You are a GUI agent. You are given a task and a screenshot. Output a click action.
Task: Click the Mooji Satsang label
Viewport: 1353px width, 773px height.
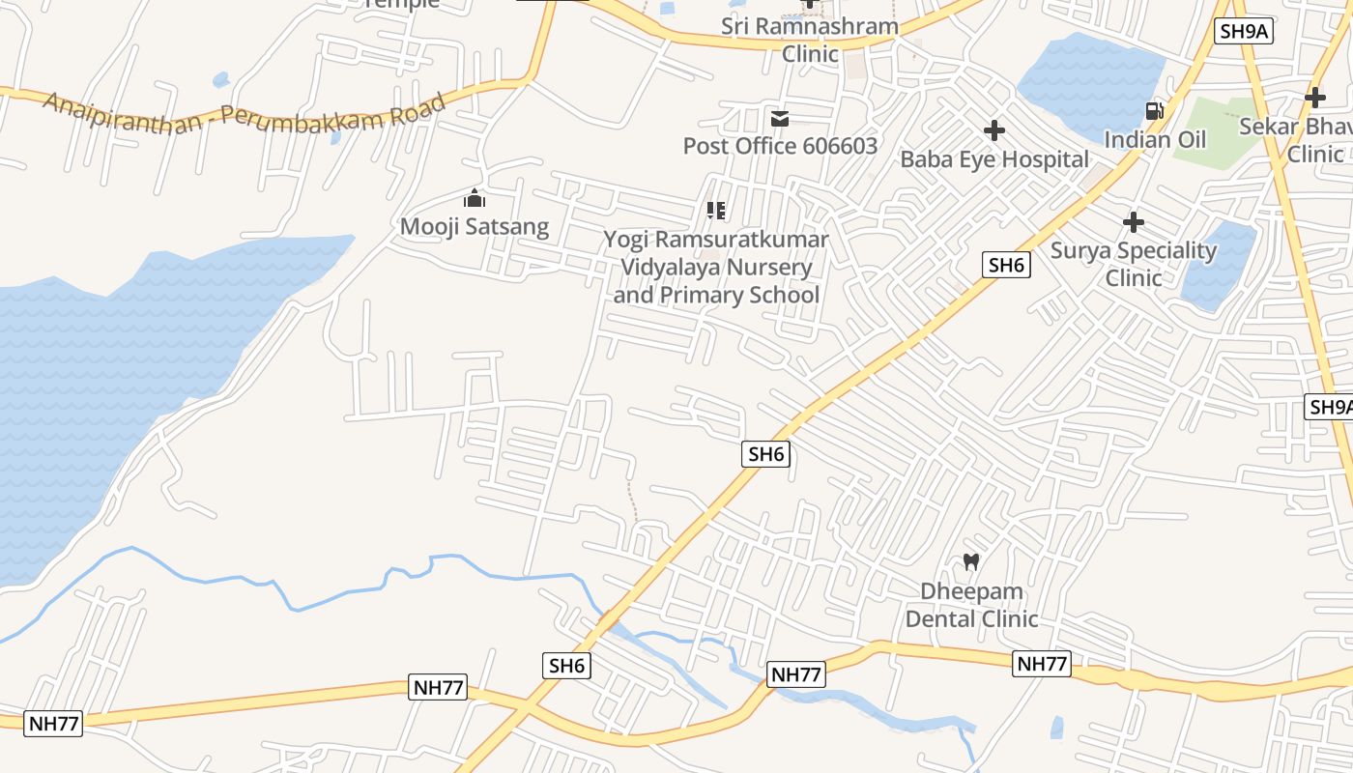click(x=475, y=227)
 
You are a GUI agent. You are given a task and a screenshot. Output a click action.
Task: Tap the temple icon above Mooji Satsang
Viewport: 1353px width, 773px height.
click(x=475, y=199)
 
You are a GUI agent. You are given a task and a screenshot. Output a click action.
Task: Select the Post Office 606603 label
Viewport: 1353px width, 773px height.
click(x=780, y=146)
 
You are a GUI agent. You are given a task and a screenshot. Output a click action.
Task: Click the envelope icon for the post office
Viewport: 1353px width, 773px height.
click(x=780, y=119)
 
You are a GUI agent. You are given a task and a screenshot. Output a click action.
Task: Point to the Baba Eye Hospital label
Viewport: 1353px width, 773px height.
click(x=994, y=159)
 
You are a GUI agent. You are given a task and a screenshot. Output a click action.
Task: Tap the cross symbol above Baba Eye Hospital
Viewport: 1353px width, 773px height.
click(x=994, y=130)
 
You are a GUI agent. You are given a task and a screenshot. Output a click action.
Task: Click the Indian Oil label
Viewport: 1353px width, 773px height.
click(x=1155, y=140)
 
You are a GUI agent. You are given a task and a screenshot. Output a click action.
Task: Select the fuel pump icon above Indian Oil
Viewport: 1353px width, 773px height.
click(x=1154, y=111)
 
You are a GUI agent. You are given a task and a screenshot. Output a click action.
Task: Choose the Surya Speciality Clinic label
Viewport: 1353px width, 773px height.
click(x=1134, y=264)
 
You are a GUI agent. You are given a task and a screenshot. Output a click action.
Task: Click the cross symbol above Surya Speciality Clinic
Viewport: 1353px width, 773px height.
click(x=1134, y=223)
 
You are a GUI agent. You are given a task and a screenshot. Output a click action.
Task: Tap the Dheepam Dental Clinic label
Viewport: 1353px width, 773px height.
click(x=971, y=605)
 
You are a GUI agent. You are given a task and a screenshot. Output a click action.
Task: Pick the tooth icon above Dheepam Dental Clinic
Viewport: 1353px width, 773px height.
click(x=971, y=561)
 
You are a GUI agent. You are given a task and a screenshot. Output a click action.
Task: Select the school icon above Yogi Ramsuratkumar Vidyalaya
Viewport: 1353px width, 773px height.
click(x=716, y=210)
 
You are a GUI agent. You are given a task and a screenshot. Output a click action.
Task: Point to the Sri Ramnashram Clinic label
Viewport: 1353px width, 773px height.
click(x=810, y=40)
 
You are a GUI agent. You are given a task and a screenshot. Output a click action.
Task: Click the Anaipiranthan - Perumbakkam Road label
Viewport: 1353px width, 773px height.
click(x=245, y=114)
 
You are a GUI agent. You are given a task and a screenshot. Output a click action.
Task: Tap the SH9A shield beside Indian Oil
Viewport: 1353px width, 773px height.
click(x=1244, y=31)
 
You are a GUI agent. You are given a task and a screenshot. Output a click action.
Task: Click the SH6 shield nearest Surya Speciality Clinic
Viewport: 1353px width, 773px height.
click(x=1006, y=264)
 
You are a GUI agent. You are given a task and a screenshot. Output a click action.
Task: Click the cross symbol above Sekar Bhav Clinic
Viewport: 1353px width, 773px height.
click(x=1314, y=98)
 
